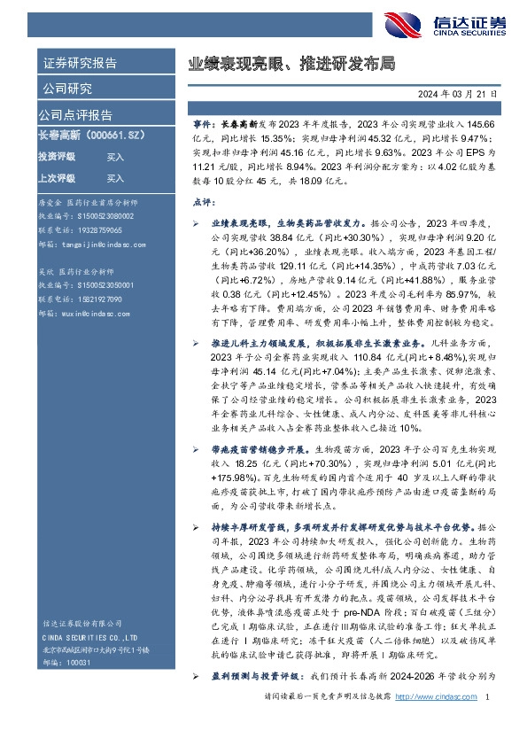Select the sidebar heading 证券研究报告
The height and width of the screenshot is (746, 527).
(79, 63)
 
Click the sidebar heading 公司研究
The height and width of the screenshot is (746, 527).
(66, 88)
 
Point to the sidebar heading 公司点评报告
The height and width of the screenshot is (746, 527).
(75, 114)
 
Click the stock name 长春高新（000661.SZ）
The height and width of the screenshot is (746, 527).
(92, 136)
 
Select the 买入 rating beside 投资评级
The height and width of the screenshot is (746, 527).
(115, 157)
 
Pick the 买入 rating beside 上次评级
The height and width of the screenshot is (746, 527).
(115, 177)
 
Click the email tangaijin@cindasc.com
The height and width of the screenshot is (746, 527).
(94, 244)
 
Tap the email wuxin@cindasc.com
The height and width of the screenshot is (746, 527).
(89, 313)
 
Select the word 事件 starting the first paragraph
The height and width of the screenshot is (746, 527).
(203, 127)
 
